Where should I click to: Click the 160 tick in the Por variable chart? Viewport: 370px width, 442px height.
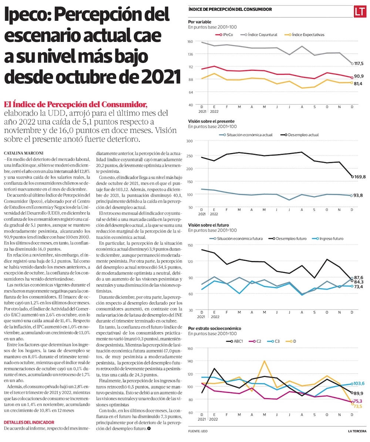191,41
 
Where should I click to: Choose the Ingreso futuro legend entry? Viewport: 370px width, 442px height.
327,238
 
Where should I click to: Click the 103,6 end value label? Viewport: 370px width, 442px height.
359,384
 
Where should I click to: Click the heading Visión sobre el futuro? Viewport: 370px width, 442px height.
208,225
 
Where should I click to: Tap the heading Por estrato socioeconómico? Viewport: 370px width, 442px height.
215,328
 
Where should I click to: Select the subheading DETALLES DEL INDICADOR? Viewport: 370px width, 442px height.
29,422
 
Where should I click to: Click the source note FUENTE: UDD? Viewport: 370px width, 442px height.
198,431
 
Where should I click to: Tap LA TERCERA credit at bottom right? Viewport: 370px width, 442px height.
357,431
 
